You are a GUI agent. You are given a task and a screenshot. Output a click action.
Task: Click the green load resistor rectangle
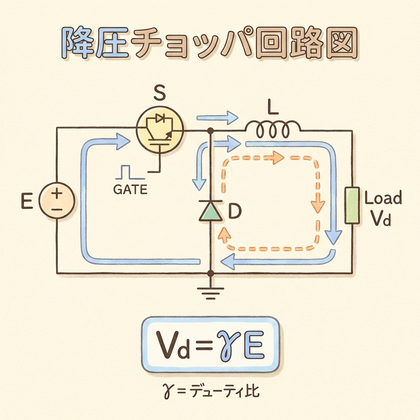pyautogui.click(x=352, y=205)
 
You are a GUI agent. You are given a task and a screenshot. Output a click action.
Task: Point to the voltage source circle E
pyautogui.click(x=57, y=201)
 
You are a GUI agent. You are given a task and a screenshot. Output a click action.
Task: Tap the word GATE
pyautogui.click(x=130, y=190)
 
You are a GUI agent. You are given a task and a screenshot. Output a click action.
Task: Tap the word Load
pyautogui.click(x=383, y=199)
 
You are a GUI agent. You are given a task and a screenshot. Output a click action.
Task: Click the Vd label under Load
pyautogui.click(x=381, y=221)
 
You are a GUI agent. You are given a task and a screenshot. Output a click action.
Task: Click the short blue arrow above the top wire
pyautogui.click(x=217, y=118)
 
